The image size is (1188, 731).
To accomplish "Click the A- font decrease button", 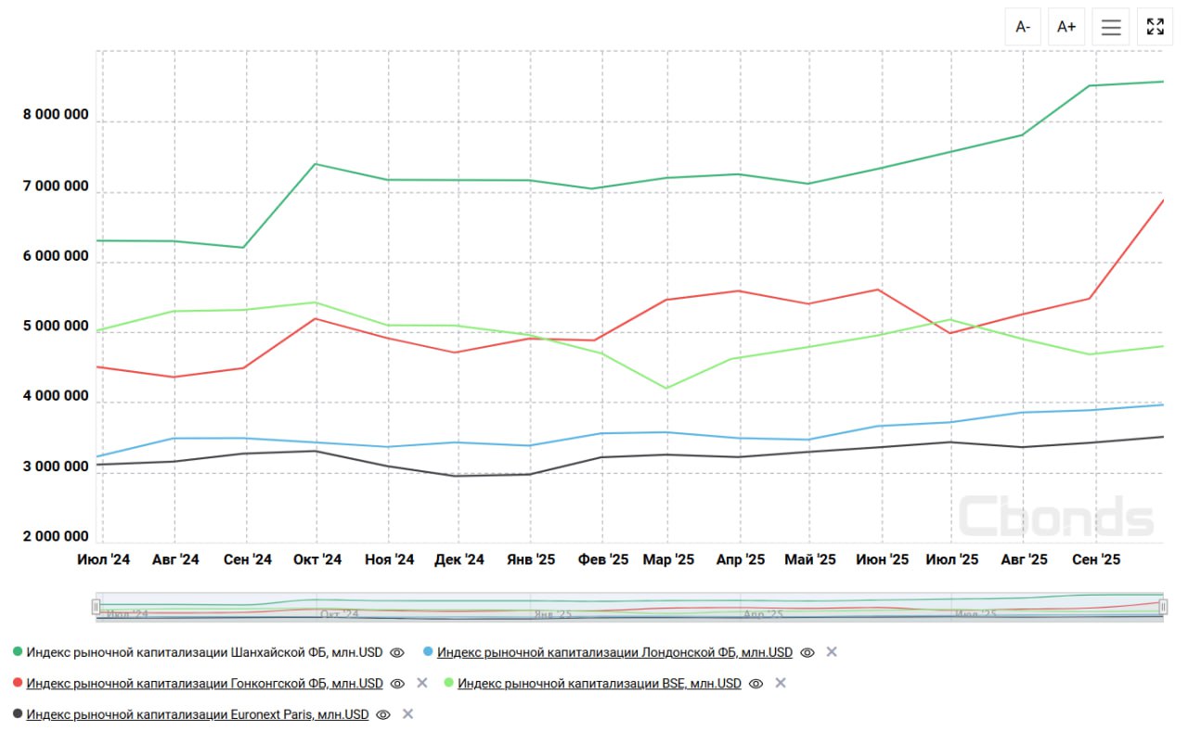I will tap(1023, 27).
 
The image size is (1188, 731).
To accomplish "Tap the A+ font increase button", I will tap(1067, 27).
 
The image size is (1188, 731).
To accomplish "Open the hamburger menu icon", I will tap(1111, 27).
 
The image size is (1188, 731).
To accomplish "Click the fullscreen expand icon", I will tap(1156, 27).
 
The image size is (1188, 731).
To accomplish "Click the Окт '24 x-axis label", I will tap(317, 560).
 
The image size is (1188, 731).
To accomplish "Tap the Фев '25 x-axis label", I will tap(603, 560).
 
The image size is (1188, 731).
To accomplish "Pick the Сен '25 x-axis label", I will tap(1096, 560).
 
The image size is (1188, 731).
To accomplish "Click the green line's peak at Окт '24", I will tap(316, 164).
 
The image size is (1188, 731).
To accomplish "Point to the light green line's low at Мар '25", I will tap(668, 388).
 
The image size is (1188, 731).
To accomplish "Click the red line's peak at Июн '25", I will tap(878, 289).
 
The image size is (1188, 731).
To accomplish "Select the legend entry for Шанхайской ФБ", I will tap(204, 653).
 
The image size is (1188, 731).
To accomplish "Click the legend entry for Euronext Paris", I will tap(198, 715).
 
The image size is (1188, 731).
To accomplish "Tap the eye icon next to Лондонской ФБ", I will tap(807, 653).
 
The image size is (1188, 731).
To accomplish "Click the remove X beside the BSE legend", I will tap(781, 684).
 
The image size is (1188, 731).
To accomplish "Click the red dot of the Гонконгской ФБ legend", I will tap(18, 684).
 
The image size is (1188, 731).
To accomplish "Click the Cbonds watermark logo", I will tap(1055, 516).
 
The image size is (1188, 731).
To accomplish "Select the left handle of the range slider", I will tap(96, 607).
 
